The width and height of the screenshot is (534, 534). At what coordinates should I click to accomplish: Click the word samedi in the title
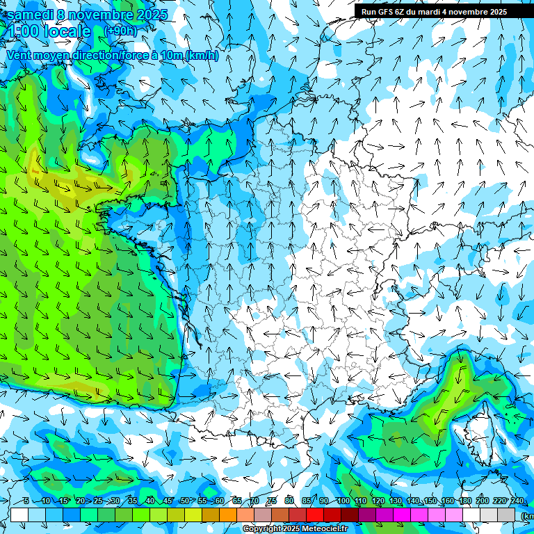29,15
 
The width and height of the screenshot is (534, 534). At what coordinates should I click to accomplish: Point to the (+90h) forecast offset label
120,31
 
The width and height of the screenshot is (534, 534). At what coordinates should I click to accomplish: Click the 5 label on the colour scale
26,501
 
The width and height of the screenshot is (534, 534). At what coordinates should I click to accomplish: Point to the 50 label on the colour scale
184,501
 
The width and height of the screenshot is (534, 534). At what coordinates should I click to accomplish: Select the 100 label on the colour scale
343,501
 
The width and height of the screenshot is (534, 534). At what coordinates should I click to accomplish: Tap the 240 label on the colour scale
517,501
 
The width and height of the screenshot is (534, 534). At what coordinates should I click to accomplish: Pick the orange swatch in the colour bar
228,515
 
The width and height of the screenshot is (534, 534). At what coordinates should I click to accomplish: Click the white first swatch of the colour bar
19,515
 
